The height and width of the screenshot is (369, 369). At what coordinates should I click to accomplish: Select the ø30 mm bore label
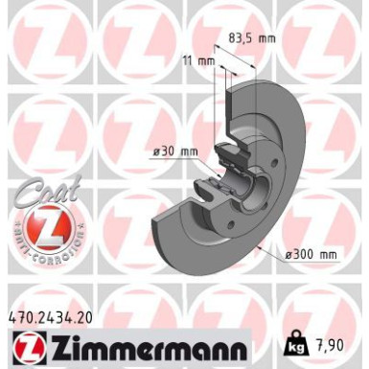[x=175, y=150]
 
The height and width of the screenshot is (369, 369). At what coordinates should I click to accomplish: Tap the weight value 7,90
[x=335, y=342]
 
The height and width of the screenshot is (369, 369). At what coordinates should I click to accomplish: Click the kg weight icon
[x=300, y=342]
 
